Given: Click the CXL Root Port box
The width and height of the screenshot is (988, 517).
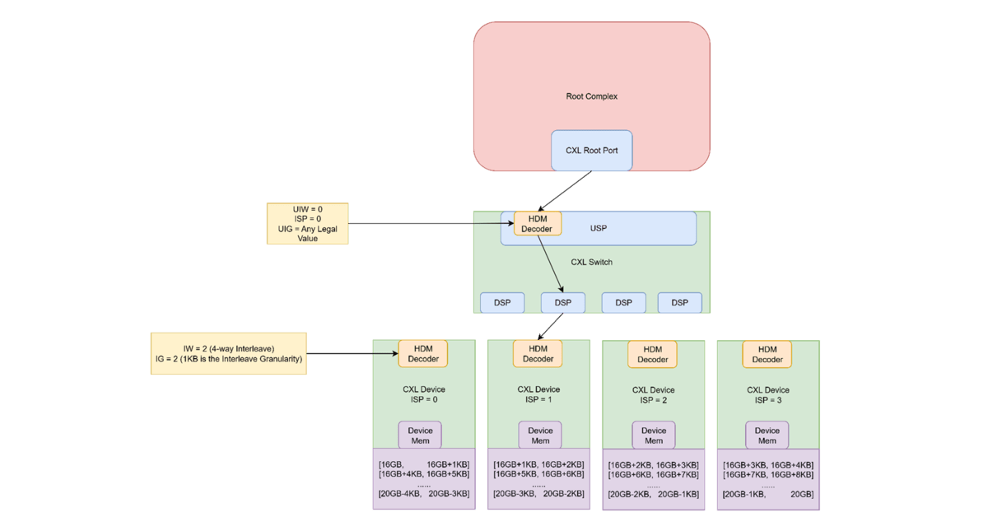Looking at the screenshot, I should point(591,150).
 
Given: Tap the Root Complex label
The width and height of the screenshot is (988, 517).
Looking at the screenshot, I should point(591,96).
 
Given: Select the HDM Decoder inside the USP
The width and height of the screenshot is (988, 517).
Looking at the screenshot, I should point(538,223).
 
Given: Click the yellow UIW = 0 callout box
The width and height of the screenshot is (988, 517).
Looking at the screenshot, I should point(307,223).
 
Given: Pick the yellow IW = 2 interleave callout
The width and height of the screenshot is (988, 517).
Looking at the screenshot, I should point(228,354).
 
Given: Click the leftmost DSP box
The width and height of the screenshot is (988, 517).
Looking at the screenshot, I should point(502,303).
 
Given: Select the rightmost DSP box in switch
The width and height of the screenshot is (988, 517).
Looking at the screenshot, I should point(679,303).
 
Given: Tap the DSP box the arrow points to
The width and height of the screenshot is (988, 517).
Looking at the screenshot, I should point(562,303).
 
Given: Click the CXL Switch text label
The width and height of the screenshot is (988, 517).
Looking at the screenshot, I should point(591,263).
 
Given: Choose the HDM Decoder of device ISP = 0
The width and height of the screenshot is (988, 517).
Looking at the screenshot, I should point(423,353).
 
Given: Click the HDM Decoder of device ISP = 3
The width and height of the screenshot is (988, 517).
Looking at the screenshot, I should point(767,354).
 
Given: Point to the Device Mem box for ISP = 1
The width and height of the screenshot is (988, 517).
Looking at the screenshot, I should point(540,435).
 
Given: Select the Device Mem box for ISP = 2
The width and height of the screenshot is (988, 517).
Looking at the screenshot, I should point(654,435).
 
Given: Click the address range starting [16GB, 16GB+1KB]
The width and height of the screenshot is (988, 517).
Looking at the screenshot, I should point(423,463).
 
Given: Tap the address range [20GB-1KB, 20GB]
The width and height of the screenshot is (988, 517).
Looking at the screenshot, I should point(767,494).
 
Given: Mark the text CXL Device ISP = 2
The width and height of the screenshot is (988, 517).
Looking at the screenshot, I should point(653,395).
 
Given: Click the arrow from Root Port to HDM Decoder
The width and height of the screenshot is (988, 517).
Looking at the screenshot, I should point(565,191).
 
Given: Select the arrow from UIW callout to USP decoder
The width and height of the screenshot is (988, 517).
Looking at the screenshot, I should point(428,223).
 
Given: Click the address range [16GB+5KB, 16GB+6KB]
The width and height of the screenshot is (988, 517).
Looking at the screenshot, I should point(538,474).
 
